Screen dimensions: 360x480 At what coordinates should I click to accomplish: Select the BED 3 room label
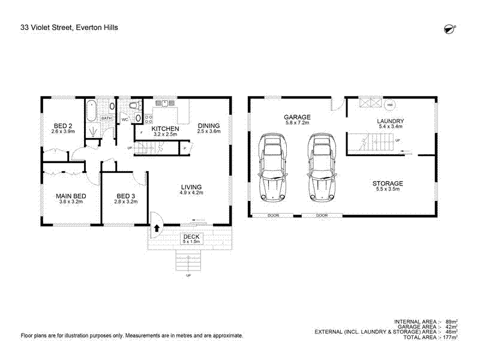[127, 196]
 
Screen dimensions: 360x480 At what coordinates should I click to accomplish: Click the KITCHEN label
[165, 129]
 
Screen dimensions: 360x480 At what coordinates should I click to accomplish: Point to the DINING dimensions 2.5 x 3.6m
[209, 131]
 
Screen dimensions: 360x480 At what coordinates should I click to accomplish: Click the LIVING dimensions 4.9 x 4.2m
[192, 193]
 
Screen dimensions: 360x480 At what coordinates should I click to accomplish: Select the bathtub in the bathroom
[91, 111]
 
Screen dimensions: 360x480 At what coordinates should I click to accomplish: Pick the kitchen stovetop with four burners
[164, 104]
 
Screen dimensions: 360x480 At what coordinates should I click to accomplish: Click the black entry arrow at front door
[157, 229]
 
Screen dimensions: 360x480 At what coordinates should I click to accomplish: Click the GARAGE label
[297, 117]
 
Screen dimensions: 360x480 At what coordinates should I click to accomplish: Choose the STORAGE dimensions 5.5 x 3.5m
[387, 190]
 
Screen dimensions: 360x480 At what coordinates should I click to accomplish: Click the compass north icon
[447, 29]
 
